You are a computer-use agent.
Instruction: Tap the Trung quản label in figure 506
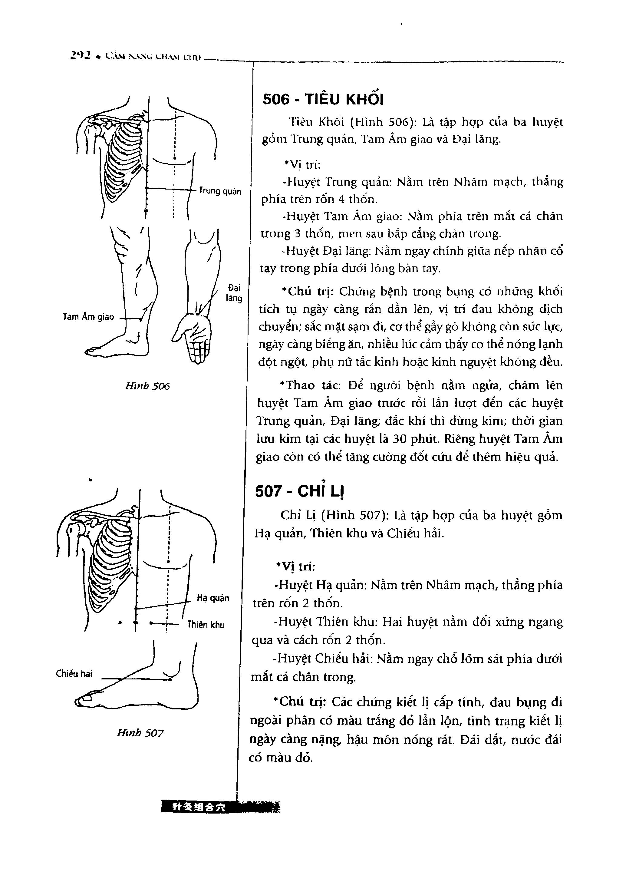[x=220, y=191]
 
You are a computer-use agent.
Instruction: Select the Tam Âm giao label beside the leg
[x=88, y=317]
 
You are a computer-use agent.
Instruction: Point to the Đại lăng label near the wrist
[x=234, y=293]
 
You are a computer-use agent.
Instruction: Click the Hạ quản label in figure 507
[x=213, y=598]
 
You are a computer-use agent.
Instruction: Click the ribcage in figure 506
[x=121, y=158]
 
